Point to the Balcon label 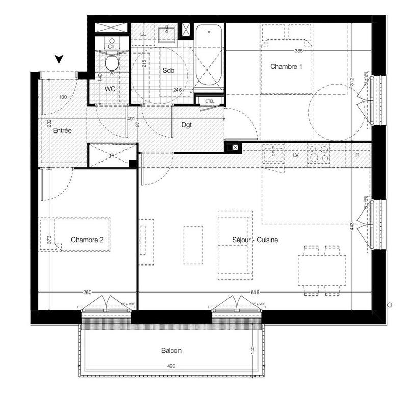pos(171,351)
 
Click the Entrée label pos(62,131)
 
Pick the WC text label pos(110,89)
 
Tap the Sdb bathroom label pos(168,71)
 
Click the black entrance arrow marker pos(60,59)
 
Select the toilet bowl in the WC pos(111,62)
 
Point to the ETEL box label pos(210,101)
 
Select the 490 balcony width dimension pos(171,366)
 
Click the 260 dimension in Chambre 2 pos(87,293)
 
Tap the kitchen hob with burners pos(319,154)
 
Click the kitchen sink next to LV pos(273,154)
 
